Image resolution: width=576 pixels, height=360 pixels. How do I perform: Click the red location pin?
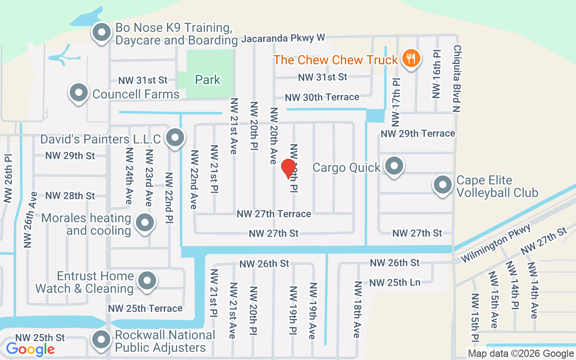click(x=288, y=169)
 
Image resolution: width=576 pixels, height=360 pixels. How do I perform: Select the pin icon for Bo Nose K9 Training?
click(x=102, y=32)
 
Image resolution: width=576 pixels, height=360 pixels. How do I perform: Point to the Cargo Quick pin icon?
click(x=395, y=166)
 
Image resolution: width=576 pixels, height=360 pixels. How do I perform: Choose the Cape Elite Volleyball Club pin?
click(x=442, y=184)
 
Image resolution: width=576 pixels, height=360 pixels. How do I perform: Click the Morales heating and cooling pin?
click(x=144, y=222)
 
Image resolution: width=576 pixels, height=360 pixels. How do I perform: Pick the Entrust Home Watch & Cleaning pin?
click(x=146, y=281)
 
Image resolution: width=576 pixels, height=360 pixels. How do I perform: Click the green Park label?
click(x=207, y=80)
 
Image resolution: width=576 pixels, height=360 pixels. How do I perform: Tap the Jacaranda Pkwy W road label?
click(x=283, y=38)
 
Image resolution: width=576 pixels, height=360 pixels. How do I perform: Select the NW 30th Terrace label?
click(x=322, y=97)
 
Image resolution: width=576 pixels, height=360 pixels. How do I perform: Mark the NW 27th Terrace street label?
click(x=274, y=214)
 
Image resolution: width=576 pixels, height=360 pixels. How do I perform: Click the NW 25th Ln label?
click(x=395, y=283)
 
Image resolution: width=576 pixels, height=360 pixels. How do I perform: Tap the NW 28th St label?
click(x=70, y=196)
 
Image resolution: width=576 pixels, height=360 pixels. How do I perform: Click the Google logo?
click(x=30, y=349)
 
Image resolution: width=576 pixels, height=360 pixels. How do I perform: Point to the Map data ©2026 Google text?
click(x=520, y=354)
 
